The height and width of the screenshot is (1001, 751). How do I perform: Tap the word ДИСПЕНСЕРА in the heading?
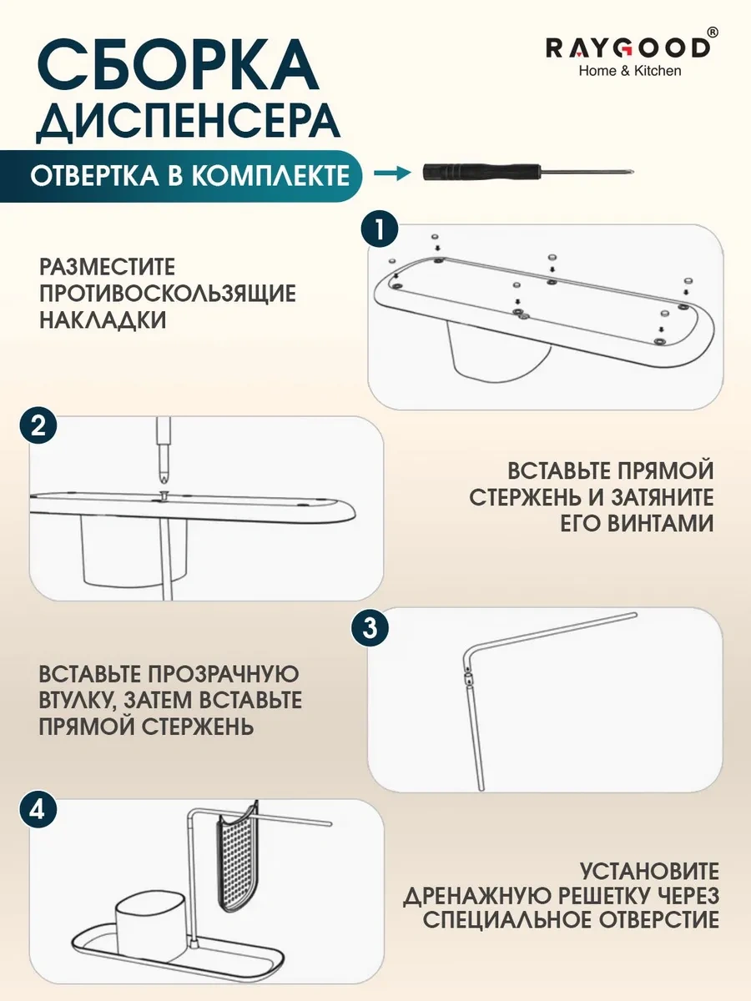pyautogui.click(x=189, y=122)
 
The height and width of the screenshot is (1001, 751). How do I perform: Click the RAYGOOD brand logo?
pyautogui.click(x=628, y=47)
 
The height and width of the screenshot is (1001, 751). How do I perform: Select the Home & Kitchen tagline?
pyautogui.click(x=630, y=71)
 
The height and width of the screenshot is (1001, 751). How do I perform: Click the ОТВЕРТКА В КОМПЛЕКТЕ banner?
pyautogui.click(x=189, y=176)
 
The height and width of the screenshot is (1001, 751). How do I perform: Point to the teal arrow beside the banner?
pyautogui.click(x=392, y=174)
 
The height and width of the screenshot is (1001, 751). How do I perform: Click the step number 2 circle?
pyautogui.click(x=38, y=428)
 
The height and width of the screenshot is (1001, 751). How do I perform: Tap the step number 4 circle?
pyautogui.click(x=38, y=809)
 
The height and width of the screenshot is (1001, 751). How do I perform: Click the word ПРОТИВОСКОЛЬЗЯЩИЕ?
pyautogui.click(x=167, y=294)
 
